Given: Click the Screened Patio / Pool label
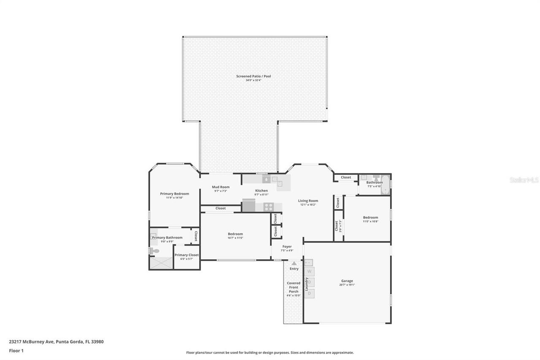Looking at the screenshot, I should pyautogui.click(x=253, y=76).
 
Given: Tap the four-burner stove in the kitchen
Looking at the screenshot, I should pyautogui.click(x=268, y=207).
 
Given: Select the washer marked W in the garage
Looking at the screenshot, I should pyautogui.click(x=309, y=271).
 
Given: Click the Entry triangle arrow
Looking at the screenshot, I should pyautogui.click(x=294, y=263).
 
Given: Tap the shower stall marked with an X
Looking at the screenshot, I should pyautogui.click(x=161, y=263).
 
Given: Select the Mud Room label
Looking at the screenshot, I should pyautogui.click(x=220, y=187).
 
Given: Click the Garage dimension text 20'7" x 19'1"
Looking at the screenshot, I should pyautogui.click(x=347, y=285).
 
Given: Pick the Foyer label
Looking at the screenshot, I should pyautogui.click(x=287, y=246).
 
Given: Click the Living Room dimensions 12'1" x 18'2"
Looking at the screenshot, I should pyautogui.click(x=308, y=205).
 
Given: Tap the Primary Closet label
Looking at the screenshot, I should pyautogui.click(x=186, y=255).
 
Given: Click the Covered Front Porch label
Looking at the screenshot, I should pyautogui.click(x=294, y=287).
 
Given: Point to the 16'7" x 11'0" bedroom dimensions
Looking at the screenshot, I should pyautogui.click(x=235, y=238).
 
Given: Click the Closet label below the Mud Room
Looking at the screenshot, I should pyautogui.click(x=220, y=208).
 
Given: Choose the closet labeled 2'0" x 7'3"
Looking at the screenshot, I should pyautogui.click(x=338, y=226).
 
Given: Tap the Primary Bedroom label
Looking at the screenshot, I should pyautogui.click(x=174, y=194).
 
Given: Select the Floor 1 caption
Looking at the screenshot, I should pyautogui.click(x=16, y=351).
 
